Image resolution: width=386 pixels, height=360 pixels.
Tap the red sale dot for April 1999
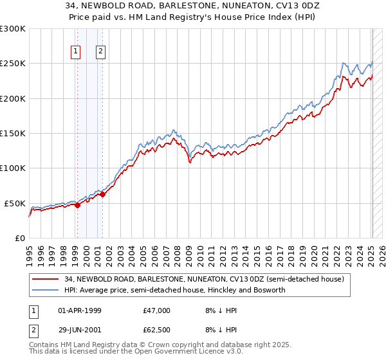pos(77,205)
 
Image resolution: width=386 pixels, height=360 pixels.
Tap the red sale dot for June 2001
pos(102,194)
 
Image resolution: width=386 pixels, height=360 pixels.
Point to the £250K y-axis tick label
pos(13,64)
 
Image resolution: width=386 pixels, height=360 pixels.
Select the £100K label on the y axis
pos(13,168)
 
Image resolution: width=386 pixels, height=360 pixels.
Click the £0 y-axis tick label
pos(20,238)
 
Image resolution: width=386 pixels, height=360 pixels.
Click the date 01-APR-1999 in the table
pos(79,310)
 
